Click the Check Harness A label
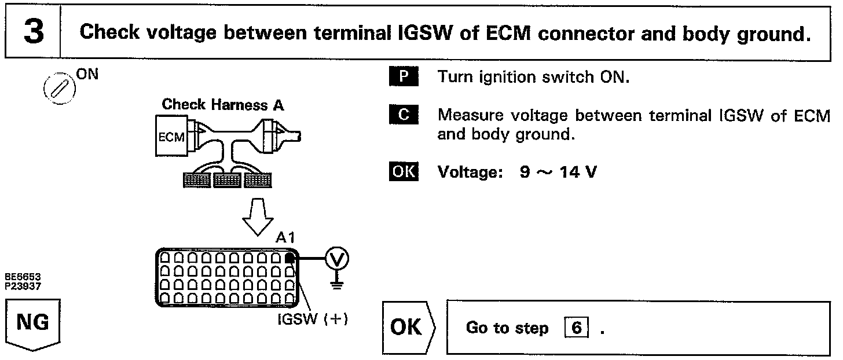(223, 105)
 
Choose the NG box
(32, 322)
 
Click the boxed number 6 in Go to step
(576, 328)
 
